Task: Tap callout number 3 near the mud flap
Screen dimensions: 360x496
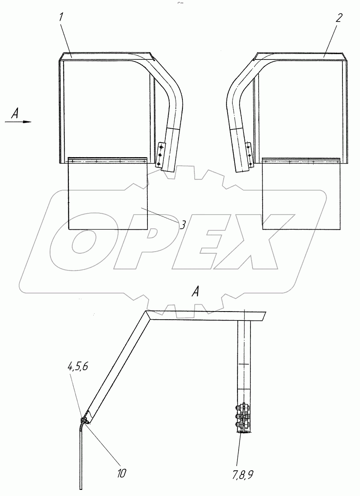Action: pyautogui.click(x=182, y=225)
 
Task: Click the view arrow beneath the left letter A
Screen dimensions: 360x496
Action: pyautogui.click(x=18, y=122)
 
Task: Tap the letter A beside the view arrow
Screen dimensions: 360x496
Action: pyautogui.click(x=15, y=114)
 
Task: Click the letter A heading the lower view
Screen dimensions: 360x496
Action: pyautogui.click(x=195, y=292)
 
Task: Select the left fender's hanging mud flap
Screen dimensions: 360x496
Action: pyautogui.click(x=108, y=193)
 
